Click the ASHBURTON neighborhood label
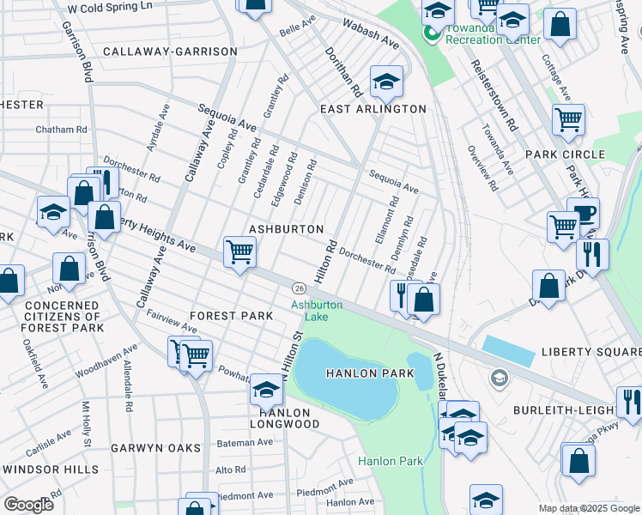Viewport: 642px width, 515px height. pos(286,229)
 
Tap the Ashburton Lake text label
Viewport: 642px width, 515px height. pos(317,311)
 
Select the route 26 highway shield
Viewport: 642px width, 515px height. pos(298,287)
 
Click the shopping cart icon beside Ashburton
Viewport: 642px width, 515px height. pos(239,252)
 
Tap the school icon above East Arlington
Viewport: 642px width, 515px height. pos(386,82)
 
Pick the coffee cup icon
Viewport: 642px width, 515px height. pos(584,212)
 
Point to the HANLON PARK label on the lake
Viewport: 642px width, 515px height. pos(369,373)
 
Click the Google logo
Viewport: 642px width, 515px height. pos(28,504)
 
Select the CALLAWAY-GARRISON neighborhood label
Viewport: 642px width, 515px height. pos(169,51)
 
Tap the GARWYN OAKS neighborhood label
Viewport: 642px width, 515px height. pos(155,448)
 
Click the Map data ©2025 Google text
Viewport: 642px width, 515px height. pos(589,508)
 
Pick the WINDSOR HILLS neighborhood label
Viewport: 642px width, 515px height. pos(51,470)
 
